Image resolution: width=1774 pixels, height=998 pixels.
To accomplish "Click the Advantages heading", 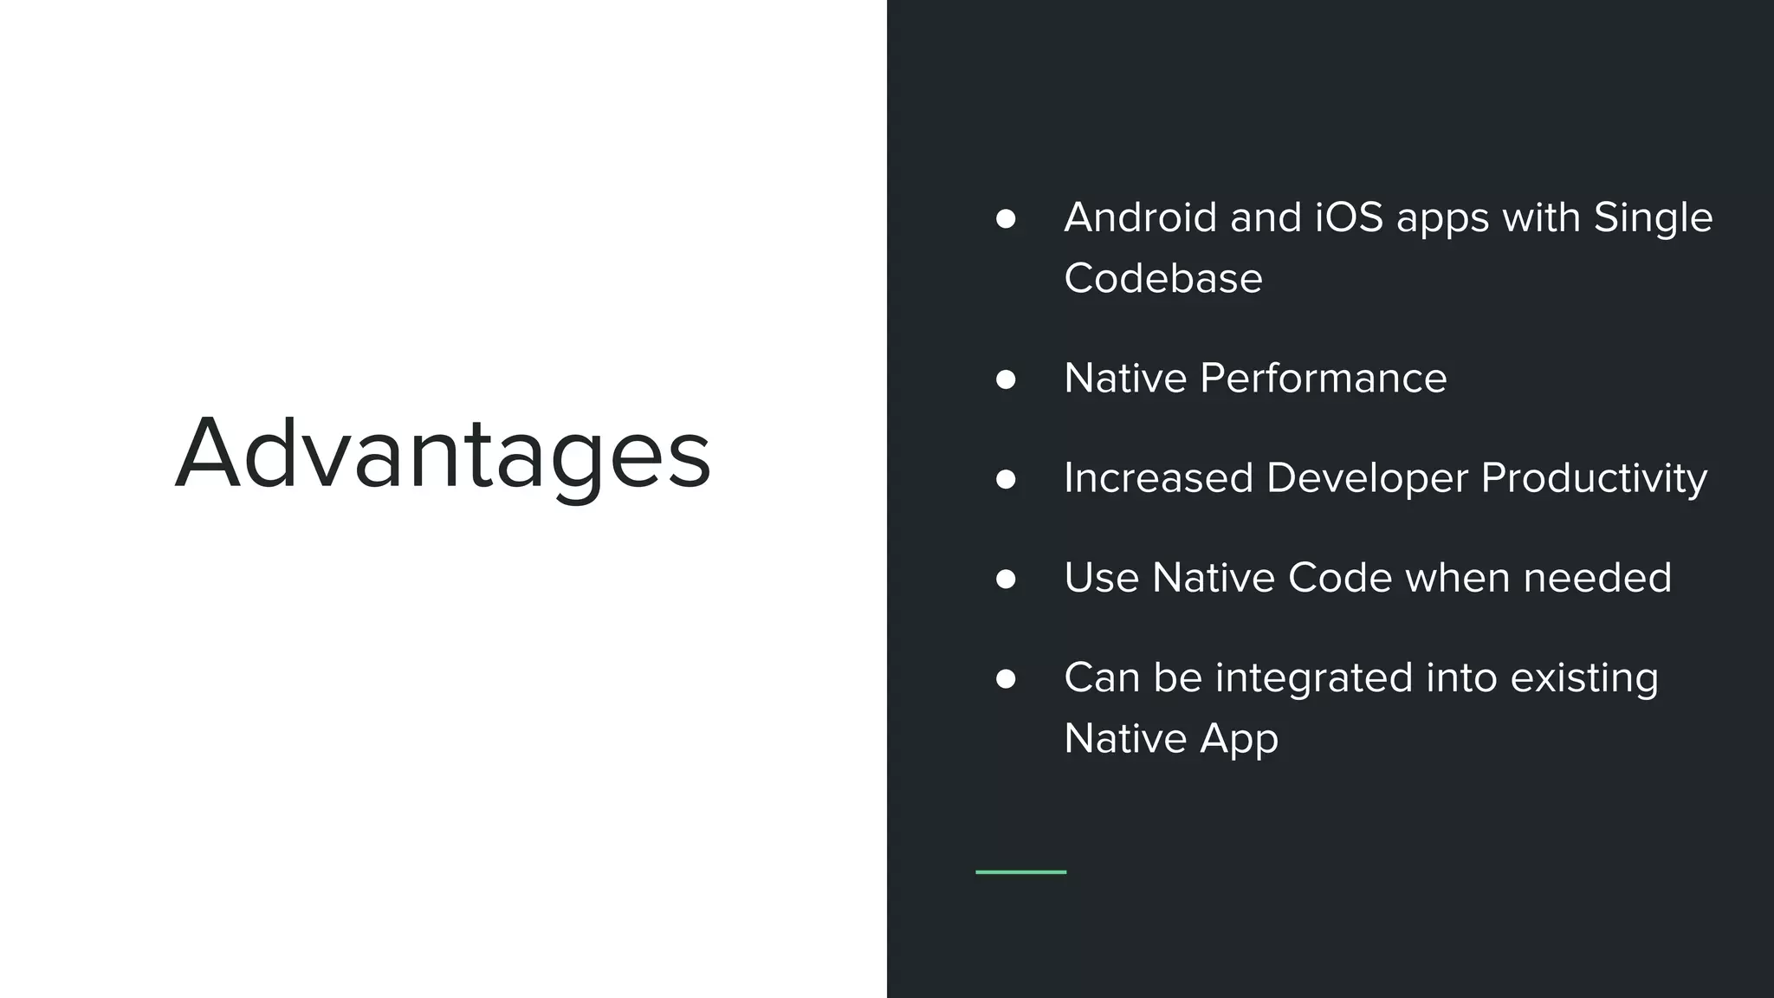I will pyautogui.click(x=443, y=454).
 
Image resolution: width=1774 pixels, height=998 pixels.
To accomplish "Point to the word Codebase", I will pyautogui.click(x=1162, y=278).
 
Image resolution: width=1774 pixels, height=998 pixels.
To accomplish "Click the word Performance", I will pyautogui.click(x=1323, y=379).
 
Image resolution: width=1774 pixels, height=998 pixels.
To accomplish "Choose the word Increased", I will pyautogui.click(x=1158, y=478).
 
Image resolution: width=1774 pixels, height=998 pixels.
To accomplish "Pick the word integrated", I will pyautogui.click(x=1314, y=677).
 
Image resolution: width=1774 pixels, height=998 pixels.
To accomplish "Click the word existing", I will pyautogui.click(x=1584, y=678).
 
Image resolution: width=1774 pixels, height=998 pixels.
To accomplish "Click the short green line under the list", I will pyautogui.click(x=1020, y=872).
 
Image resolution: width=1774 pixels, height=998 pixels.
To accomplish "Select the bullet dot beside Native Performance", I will pyautogui.click(x=1006, y=379).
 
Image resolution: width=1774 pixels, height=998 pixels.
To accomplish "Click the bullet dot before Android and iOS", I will pyautogui.click(x=1006, y=218).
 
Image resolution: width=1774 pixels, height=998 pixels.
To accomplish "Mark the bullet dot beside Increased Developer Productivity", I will pyautogui.click(x=1006, y=479).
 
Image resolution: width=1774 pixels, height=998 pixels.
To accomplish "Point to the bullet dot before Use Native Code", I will pyautogui.click(x=1006, y=579).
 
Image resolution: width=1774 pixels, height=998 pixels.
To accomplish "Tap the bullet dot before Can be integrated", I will pyautogui.click(x=1006, y=678).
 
